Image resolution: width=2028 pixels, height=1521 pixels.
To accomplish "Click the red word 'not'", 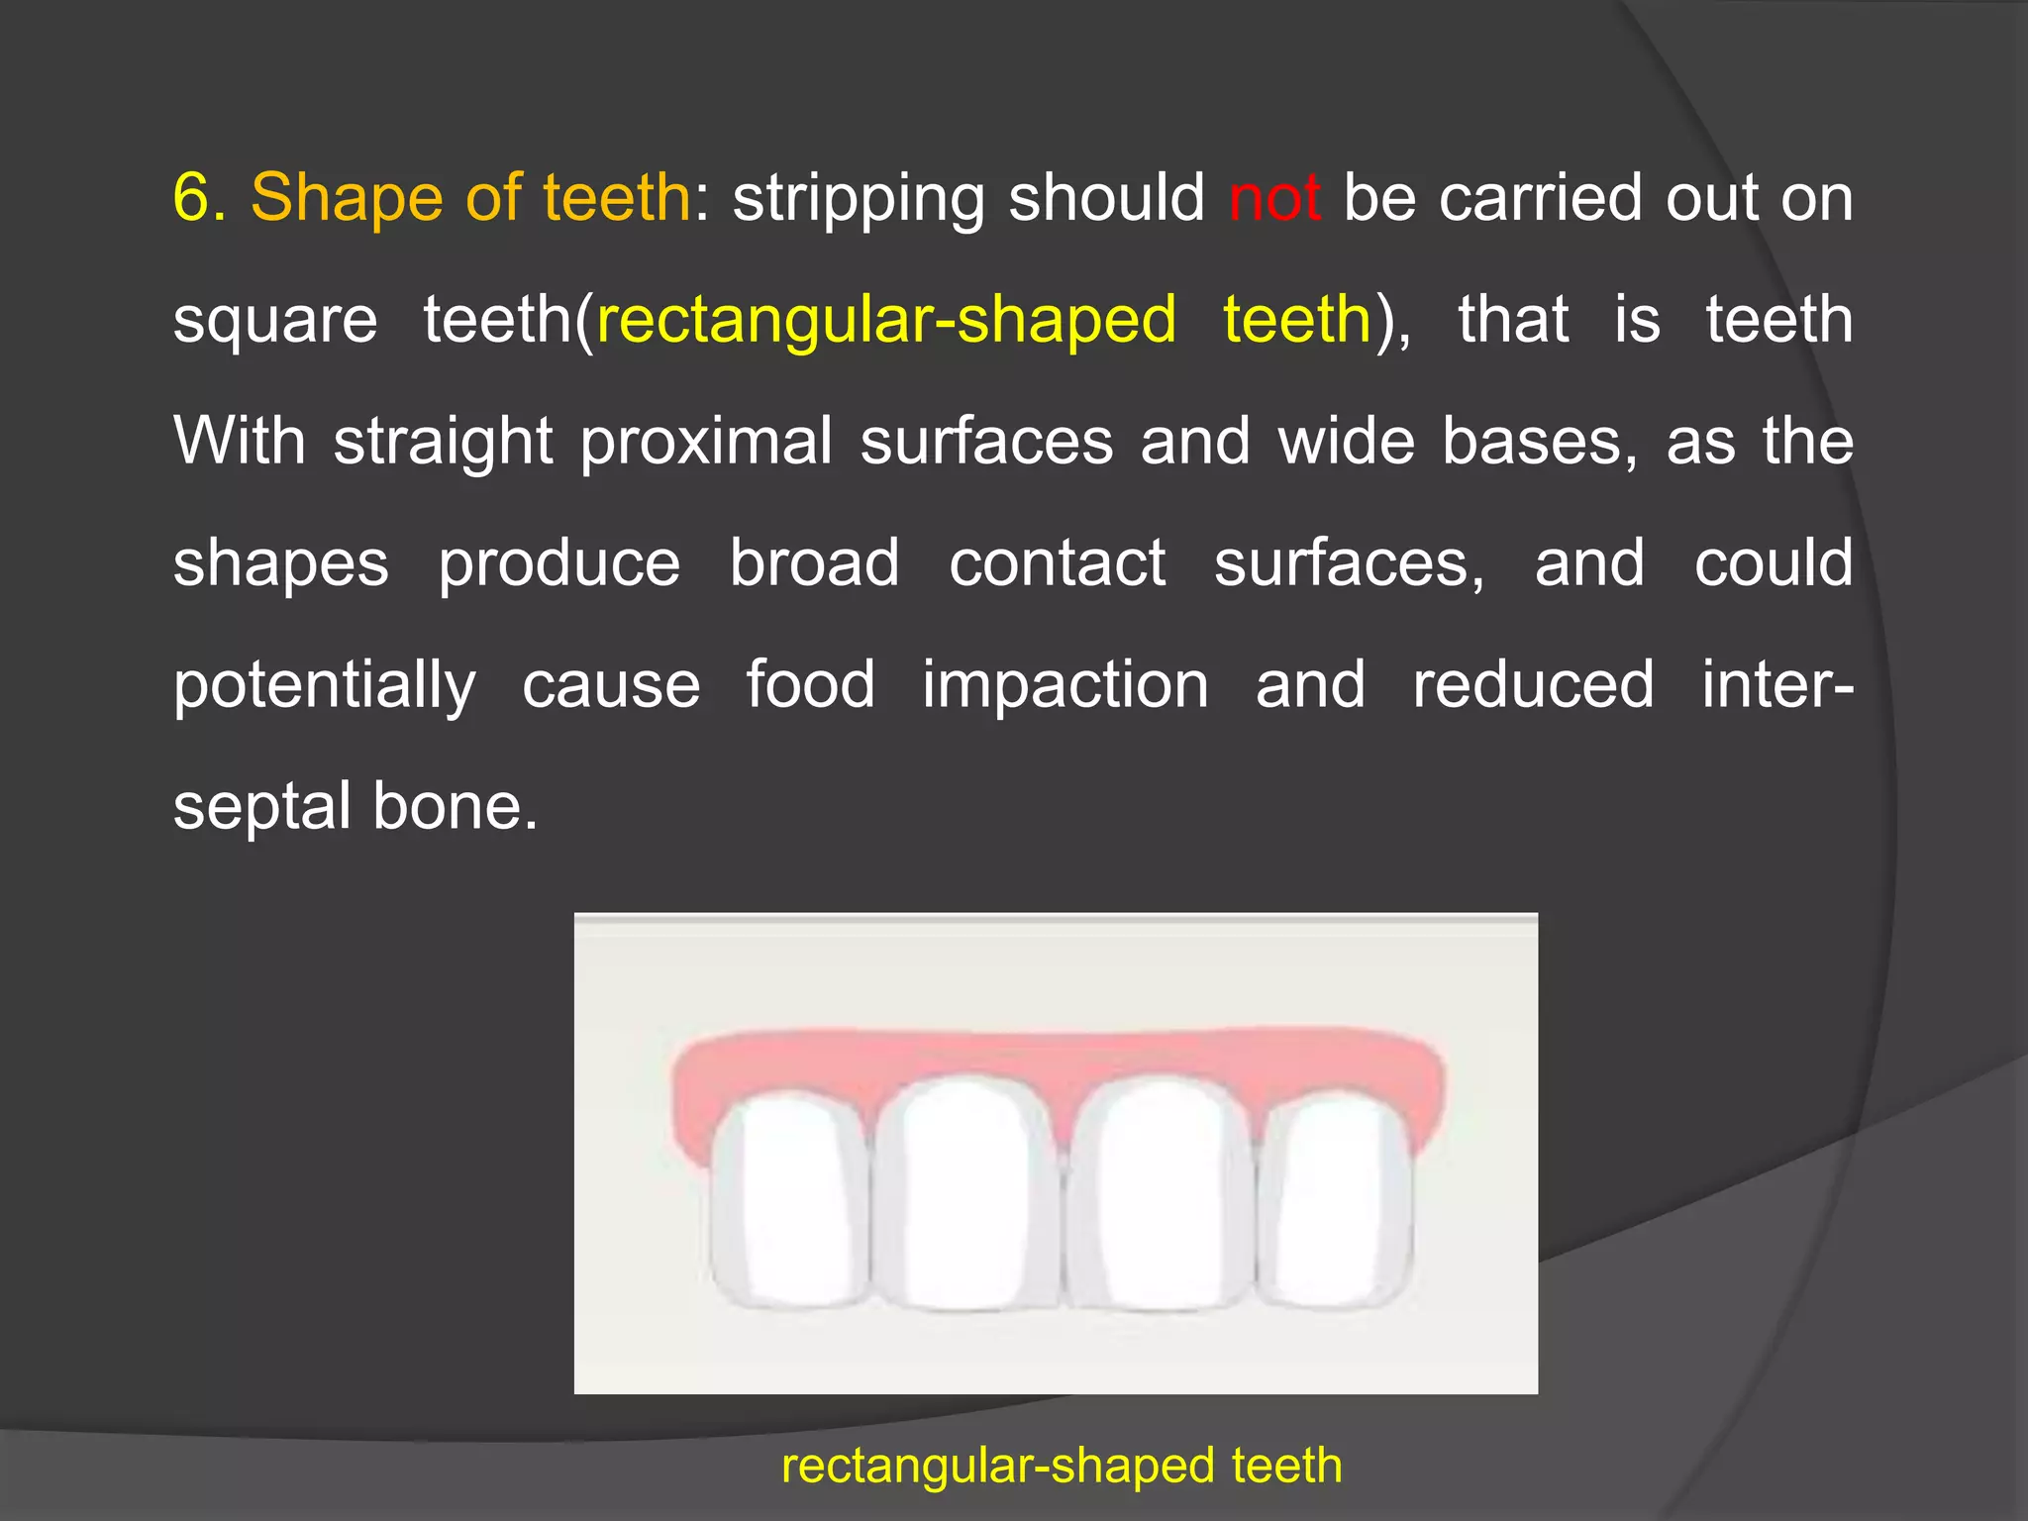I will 1273,198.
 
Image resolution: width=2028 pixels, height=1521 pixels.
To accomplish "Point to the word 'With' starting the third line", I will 240,441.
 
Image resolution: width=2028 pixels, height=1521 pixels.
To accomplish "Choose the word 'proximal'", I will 706,443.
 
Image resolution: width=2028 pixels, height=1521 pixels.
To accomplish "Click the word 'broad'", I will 814,562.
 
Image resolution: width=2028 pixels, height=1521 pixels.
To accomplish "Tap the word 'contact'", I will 1057,562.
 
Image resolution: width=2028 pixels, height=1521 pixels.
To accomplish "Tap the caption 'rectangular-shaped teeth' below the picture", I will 1062,1466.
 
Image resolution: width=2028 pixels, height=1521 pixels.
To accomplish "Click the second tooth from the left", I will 965,1193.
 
